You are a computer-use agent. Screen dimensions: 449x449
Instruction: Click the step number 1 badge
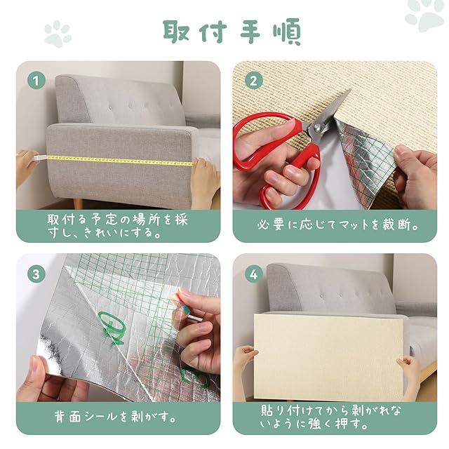click(x=36, y=81)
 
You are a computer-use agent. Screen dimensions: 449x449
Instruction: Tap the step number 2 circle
click(x=253, y=81)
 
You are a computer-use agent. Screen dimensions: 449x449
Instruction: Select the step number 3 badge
click(x=36, y=274)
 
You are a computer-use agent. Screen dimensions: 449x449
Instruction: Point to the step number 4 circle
click(x=253, y=274)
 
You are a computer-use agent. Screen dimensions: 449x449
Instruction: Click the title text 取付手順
click(x=232, y=32)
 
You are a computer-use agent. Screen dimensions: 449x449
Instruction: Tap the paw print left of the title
click(x=58, y=34)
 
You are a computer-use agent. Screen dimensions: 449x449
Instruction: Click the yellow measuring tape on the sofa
click(x=120, y=161)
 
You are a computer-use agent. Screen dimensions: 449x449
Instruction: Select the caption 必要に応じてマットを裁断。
click(x=337, y=225)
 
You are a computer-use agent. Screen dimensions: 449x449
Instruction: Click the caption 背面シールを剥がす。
click(x=115, y=417)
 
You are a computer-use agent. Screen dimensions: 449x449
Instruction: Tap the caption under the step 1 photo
click(x=117, y=226)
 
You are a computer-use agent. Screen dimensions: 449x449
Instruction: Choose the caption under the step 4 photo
click(x=330, y=417)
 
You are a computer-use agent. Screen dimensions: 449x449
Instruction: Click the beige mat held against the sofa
click(x=329, y=358)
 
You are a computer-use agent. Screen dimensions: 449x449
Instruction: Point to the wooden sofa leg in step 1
click(x=78, y=203)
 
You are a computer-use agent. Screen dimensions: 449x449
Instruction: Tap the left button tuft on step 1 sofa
click(x=111, y=107)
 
